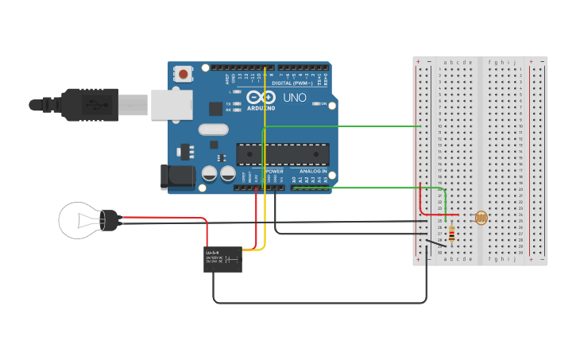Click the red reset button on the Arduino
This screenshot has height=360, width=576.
point(184,75)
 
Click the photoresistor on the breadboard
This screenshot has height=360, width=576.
point(480,217)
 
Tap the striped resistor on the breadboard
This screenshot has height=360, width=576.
point(452,233)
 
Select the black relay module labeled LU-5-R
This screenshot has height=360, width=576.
point(222,260)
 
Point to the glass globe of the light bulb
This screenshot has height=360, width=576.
point(79,219)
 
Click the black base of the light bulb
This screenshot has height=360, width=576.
point(110,220)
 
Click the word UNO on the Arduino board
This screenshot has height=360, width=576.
point(294,98)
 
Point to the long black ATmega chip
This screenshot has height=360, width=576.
point(283,154)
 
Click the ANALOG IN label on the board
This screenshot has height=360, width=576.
point(312,171)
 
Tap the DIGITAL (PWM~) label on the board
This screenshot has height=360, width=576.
point(292,83)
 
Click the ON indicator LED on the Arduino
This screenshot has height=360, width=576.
point(316,104)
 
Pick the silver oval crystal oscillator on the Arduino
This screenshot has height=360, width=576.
point(213,130)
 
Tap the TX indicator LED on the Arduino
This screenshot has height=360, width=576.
point(236,103)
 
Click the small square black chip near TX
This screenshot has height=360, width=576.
point(216,109)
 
